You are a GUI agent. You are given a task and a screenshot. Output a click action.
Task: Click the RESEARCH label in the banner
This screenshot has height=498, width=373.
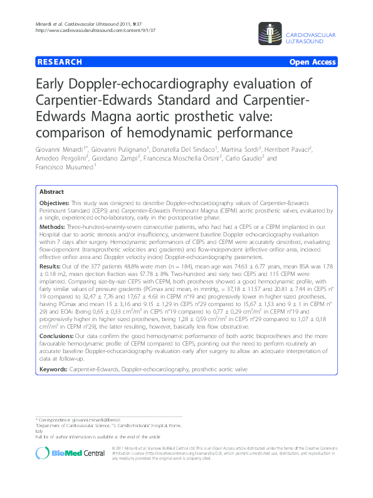60,62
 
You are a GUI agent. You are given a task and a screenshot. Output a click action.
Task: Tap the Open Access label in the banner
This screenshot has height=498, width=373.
312,62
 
